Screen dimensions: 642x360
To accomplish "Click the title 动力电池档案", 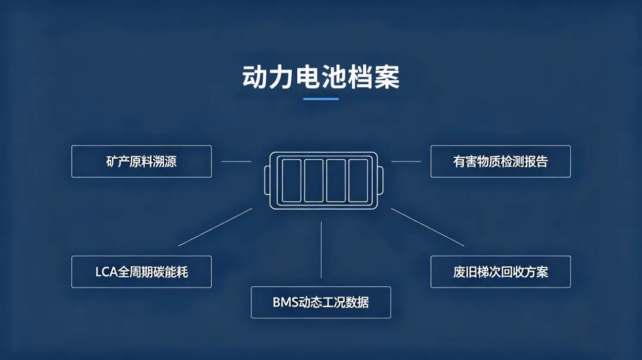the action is point(321,77).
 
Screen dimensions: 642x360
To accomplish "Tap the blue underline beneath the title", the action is point(321,99).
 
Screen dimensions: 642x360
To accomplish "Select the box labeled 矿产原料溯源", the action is point(141,161).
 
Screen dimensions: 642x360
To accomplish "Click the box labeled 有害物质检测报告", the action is point(501,161).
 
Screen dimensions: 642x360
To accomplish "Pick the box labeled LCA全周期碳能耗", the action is point(141,271).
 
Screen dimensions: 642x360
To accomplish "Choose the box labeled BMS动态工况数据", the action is point(321,302).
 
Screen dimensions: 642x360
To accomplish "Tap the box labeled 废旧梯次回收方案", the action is point(501,271).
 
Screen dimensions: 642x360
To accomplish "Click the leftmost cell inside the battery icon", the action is point(291,181).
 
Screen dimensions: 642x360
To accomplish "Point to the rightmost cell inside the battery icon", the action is point(358,181).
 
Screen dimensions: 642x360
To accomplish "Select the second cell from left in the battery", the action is point(314,181).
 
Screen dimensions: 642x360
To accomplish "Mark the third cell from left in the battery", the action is point(336,181).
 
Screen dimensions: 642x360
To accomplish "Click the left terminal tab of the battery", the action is point(267,181).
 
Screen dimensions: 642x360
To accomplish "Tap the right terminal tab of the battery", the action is point(380,181).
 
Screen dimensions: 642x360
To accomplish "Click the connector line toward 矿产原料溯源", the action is point(236,161).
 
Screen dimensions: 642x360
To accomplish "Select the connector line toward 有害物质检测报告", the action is point(406,161).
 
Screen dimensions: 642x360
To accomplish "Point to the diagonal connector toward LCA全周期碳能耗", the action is point(215,227).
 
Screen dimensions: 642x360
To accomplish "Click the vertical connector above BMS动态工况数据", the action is point(321,250).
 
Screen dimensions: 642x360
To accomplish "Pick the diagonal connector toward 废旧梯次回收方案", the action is point(427,227).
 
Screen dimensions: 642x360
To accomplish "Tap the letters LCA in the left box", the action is point(106,271).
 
